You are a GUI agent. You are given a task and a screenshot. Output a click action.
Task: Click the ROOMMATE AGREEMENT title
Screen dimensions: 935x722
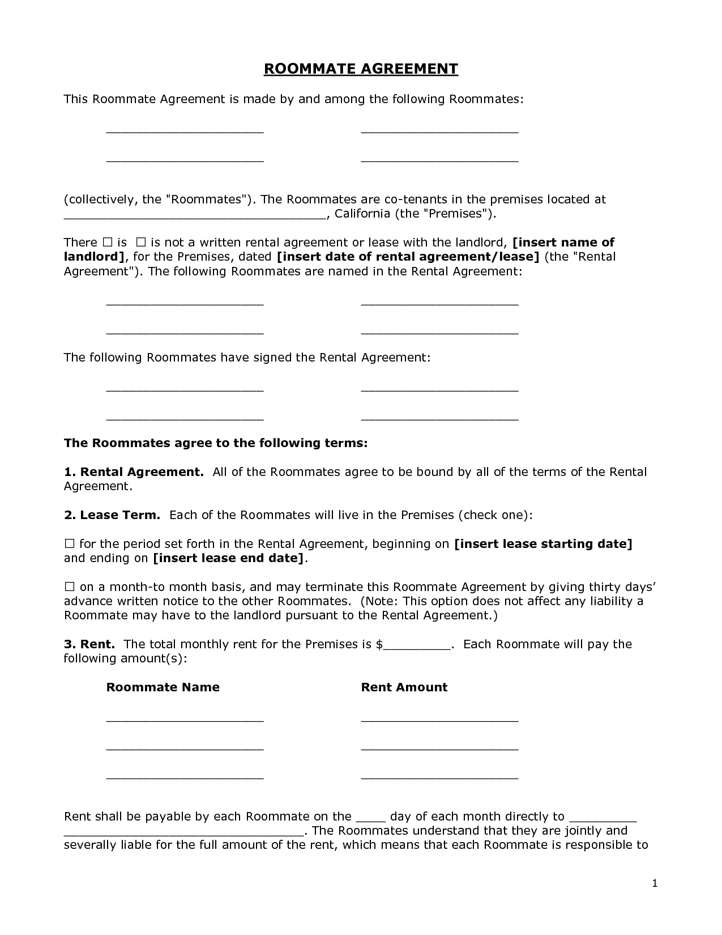(x=361, y=69)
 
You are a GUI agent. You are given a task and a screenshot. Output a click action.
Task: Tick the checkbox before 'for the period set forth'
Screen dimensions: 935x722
(x=69, y=544)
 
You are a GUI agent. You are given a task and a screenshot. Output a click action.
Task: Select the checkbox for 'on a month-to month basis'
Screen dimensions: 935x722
(x=69, y=587)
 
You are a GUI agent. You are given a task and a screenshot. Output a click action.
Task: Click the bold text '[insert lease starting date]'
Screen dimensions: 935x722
(x=543, y=544)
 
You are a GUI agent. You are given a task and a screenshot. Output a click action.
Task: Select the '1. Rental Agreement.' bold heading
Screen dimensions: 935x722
(x=134, y=472)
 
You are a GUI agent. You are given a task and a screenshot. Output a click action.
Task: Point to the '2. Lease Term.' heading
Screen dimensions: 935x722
(x=112, y=515)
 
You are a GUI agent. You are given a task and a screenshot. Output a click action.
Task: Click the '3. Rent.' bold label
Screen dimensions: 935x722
(x=89, y=644)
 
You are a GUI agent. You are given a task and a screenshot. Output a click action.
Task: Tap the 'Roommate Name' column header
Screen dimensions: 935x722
(x=163, y=687)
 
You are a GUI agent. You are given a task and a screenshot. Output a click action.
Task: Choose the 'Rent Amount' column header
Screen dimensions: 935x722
(x=404, y=687)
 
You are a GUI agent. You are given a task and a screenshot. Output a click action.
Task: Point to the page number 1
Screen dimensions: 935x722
(x=655, y=883)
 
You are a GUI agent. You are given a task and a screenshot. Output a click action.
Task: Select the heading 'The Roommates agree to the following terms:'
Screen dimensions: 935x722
(x=216, y=443)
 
